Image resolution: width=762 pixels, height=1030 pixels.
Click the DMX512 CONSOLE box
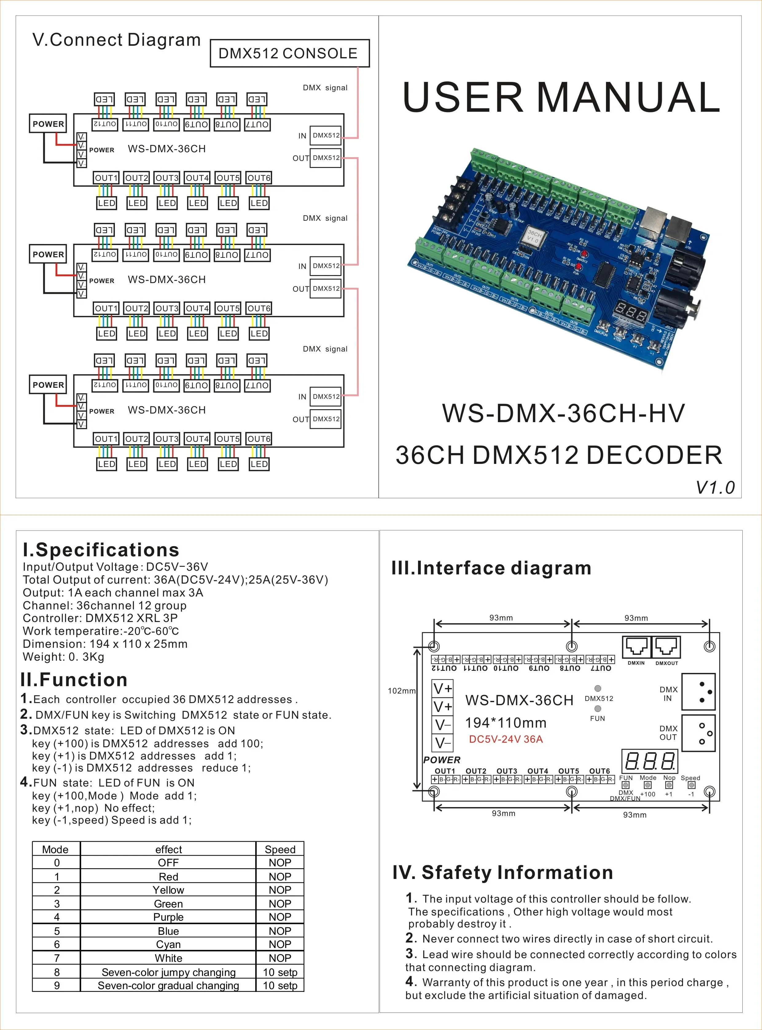point(289,53)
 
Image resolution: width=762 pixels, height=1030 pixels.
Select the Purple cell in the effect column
point(168,917)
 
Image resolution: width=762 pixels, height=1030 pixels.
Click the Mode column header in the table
point(55,849)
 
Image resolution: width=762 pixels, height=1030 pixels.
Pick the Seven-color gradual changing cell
point(168,985)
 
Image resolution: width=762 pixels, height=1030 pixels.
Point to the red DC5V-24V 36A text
point(506,739)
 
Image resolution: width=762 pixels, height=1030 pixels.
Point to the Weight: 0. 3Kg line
point(64,657)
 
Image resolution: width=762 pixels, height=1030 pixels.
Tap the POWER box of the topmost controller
point(48,123)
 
